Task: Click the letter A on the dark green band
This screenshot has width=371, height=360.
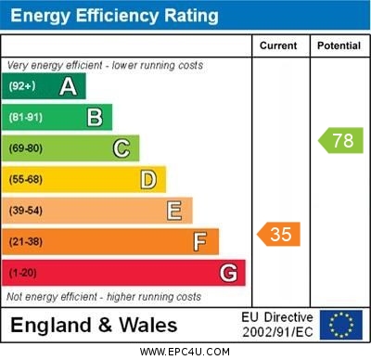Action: coord(68,86)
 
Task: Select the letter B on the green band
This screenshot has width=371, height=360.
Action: coord(95,117)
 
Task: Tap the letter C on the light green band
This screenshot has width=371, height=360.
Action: coord(122,148)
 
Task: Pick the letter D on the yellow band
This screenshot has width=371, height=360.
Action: coord(148,179)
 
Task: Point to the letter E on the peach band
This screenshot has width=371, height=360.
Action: coord(173,211)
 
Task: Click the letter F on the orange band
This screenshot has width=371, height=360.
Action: coord(199,242)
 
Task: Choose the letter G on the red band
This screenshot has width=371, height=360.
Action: coord(228,273)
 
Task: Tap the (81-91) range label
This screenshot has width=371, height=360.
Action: coord(25,118)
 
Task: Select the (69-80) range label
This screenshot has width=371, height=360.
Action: coord(25,148)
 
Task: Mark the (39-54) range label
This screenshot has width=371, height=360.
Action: coord(25,211)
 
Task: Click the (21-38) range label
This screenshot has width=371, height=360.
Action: coord(25,242)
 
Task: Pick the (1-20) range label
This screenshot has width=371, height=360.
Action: coord(23,274)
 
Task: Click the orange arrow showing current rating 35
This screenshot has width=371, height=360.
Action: coord(279,234)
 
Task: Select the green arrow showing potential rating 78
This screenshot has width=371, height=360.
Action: coord(341,141)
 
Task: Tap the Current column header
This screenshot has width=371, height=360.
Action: coord(279,45)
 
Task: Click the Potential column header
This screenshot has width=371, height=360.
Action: coord(339,45)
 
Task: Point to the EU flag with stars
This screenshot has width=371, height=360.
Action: coord(341,325)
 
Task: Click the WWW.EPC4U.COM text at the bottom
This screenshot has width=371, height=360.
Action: coord(185,352)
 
